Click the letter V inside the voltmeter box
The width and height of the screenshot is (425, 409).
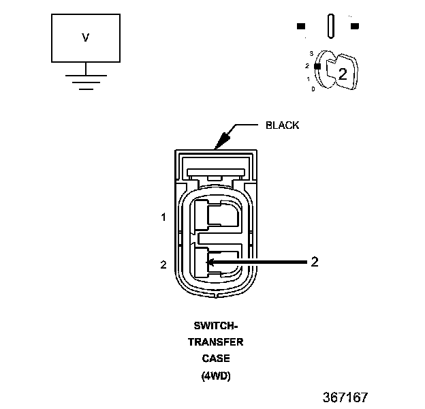(x=85, y=37)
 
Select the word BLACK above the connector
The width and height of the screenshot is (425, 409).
(x=282, y=125)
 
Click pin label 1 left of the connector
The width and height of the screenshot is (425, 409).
(x=163, y=217)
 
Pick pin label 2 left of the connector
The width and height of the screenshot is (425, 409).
(x=163, y=264)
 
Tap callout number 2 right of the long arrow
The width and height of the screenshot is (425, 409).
(x=315, y=262)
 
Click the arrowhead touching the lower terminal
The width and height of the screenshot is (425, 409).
(x=210, y=262)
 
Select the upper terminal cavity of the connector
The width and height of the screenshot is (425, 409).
(x=216, y=215)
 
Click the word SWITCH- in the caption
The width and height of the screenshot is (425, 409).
(x=216, y=325)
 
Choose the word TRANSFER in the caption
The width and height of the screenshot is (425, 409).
(x=216, y=342)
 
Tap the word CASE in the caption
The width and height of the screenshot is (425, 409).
(x=216, y=359)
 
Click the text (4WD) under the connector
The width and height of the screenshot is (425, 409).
(x=216, y=376)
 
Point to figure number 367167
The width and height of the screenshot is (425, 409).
(x=345, y=397)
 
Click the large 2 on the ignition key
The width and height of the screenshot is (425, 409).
(x=343, y=74)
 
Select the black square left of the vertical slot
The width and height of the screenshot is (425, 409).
(x=301, y=26)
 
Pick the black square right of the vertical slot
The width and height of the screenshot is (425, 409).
(x=355, y=26)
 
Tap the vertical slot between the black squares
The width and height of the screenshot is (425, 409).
(x=331, y=26)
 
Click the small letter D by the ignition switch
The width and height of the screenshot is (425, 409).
(x=313, y=89)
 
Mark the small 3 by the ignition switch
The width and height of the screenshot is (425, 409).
(x=311, y=53)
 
